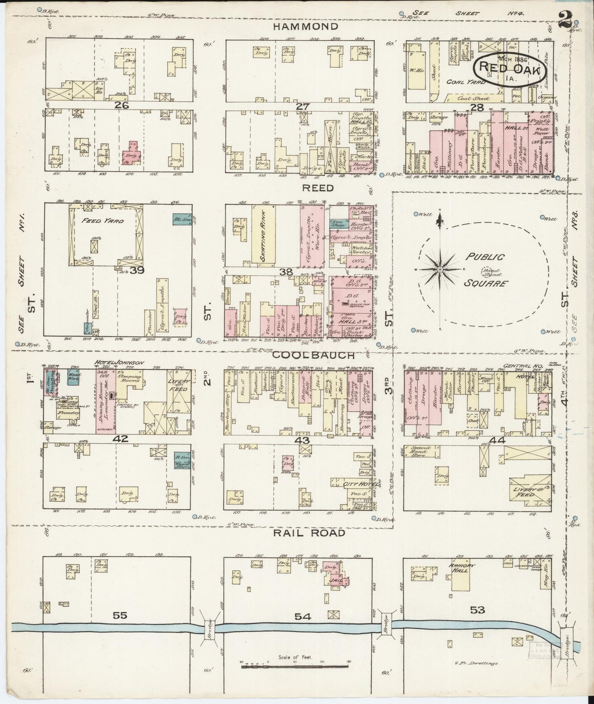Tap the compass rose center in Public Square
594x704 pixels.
(439, 269)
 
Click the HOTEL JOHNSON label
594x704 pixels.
(119, 362)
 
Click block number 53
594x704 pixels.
(477, 610)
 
